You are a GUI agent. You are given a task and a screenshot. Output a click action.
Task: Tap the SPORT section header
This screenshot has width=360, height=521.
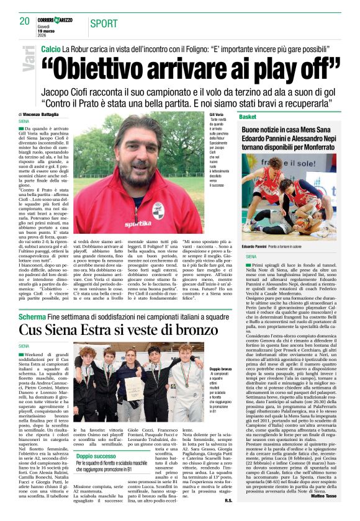click(104, 24)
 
